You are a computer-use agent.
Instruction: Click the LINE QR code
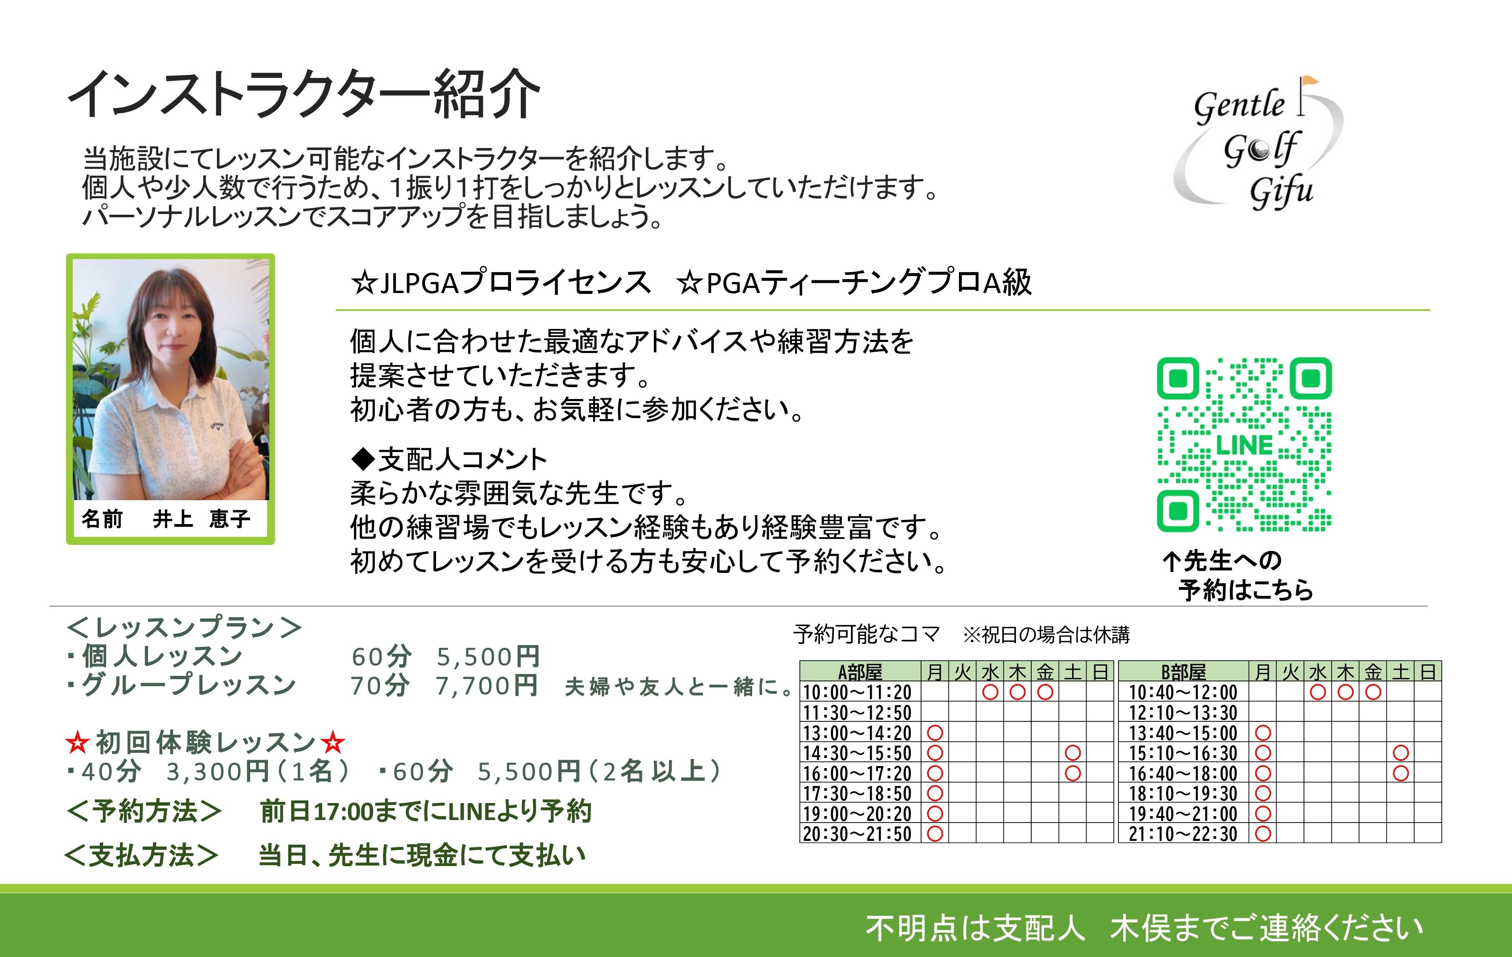(x=1244, y=444)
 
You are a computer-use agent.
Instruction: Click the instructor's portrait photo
(x=171, y=379)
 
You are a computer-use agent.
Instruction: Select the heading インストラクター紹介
(x=304, y=94)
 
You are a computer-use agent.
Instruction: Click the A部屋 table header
(x=860, y=672)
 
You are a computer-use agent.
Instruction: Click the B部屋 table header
(x=1183, y=672)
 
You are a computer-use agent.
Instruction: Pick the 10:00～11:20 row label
(x=857, y=692)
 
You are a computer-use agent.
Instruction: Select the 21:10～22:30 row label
(x=1183, y=834)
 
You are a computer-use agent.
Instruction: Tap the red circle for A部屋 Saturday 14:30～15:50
(x=1073, y=753)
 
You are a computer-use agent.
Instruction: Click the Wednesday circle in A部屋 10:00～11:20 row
(x=990, y=692)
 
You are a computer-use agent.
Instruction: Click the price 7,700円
(x=487, y=686)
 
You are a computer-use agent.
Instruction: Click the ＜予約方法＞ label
(x=144, y=811)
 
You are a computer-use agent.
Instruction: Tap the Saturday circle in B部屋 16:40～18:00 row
(x=1400, y=773)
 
